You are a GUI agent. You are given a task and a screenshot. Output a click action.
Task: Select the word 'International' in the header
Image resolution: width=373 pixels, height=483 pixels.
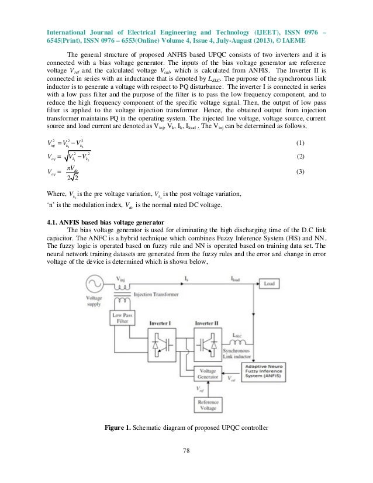pos(64,25)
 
